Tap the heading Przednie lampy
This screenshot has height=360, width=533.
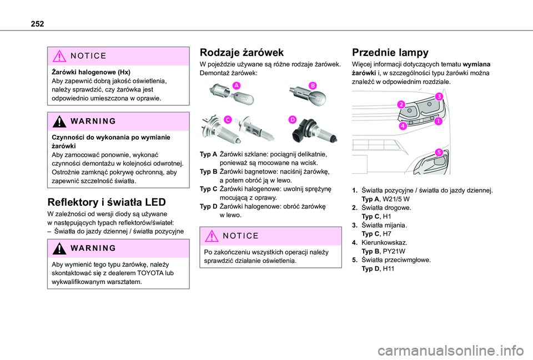390,53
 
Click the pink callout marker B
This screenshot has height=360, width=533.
312,85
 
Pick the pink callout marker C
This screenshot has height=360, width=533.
228,119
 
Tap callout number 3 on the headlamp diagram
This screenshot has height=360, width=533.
439,97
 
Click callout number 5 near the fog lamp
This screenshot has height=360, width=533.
438,152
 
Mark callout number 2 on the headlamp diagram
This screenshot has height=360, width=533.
401,104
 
